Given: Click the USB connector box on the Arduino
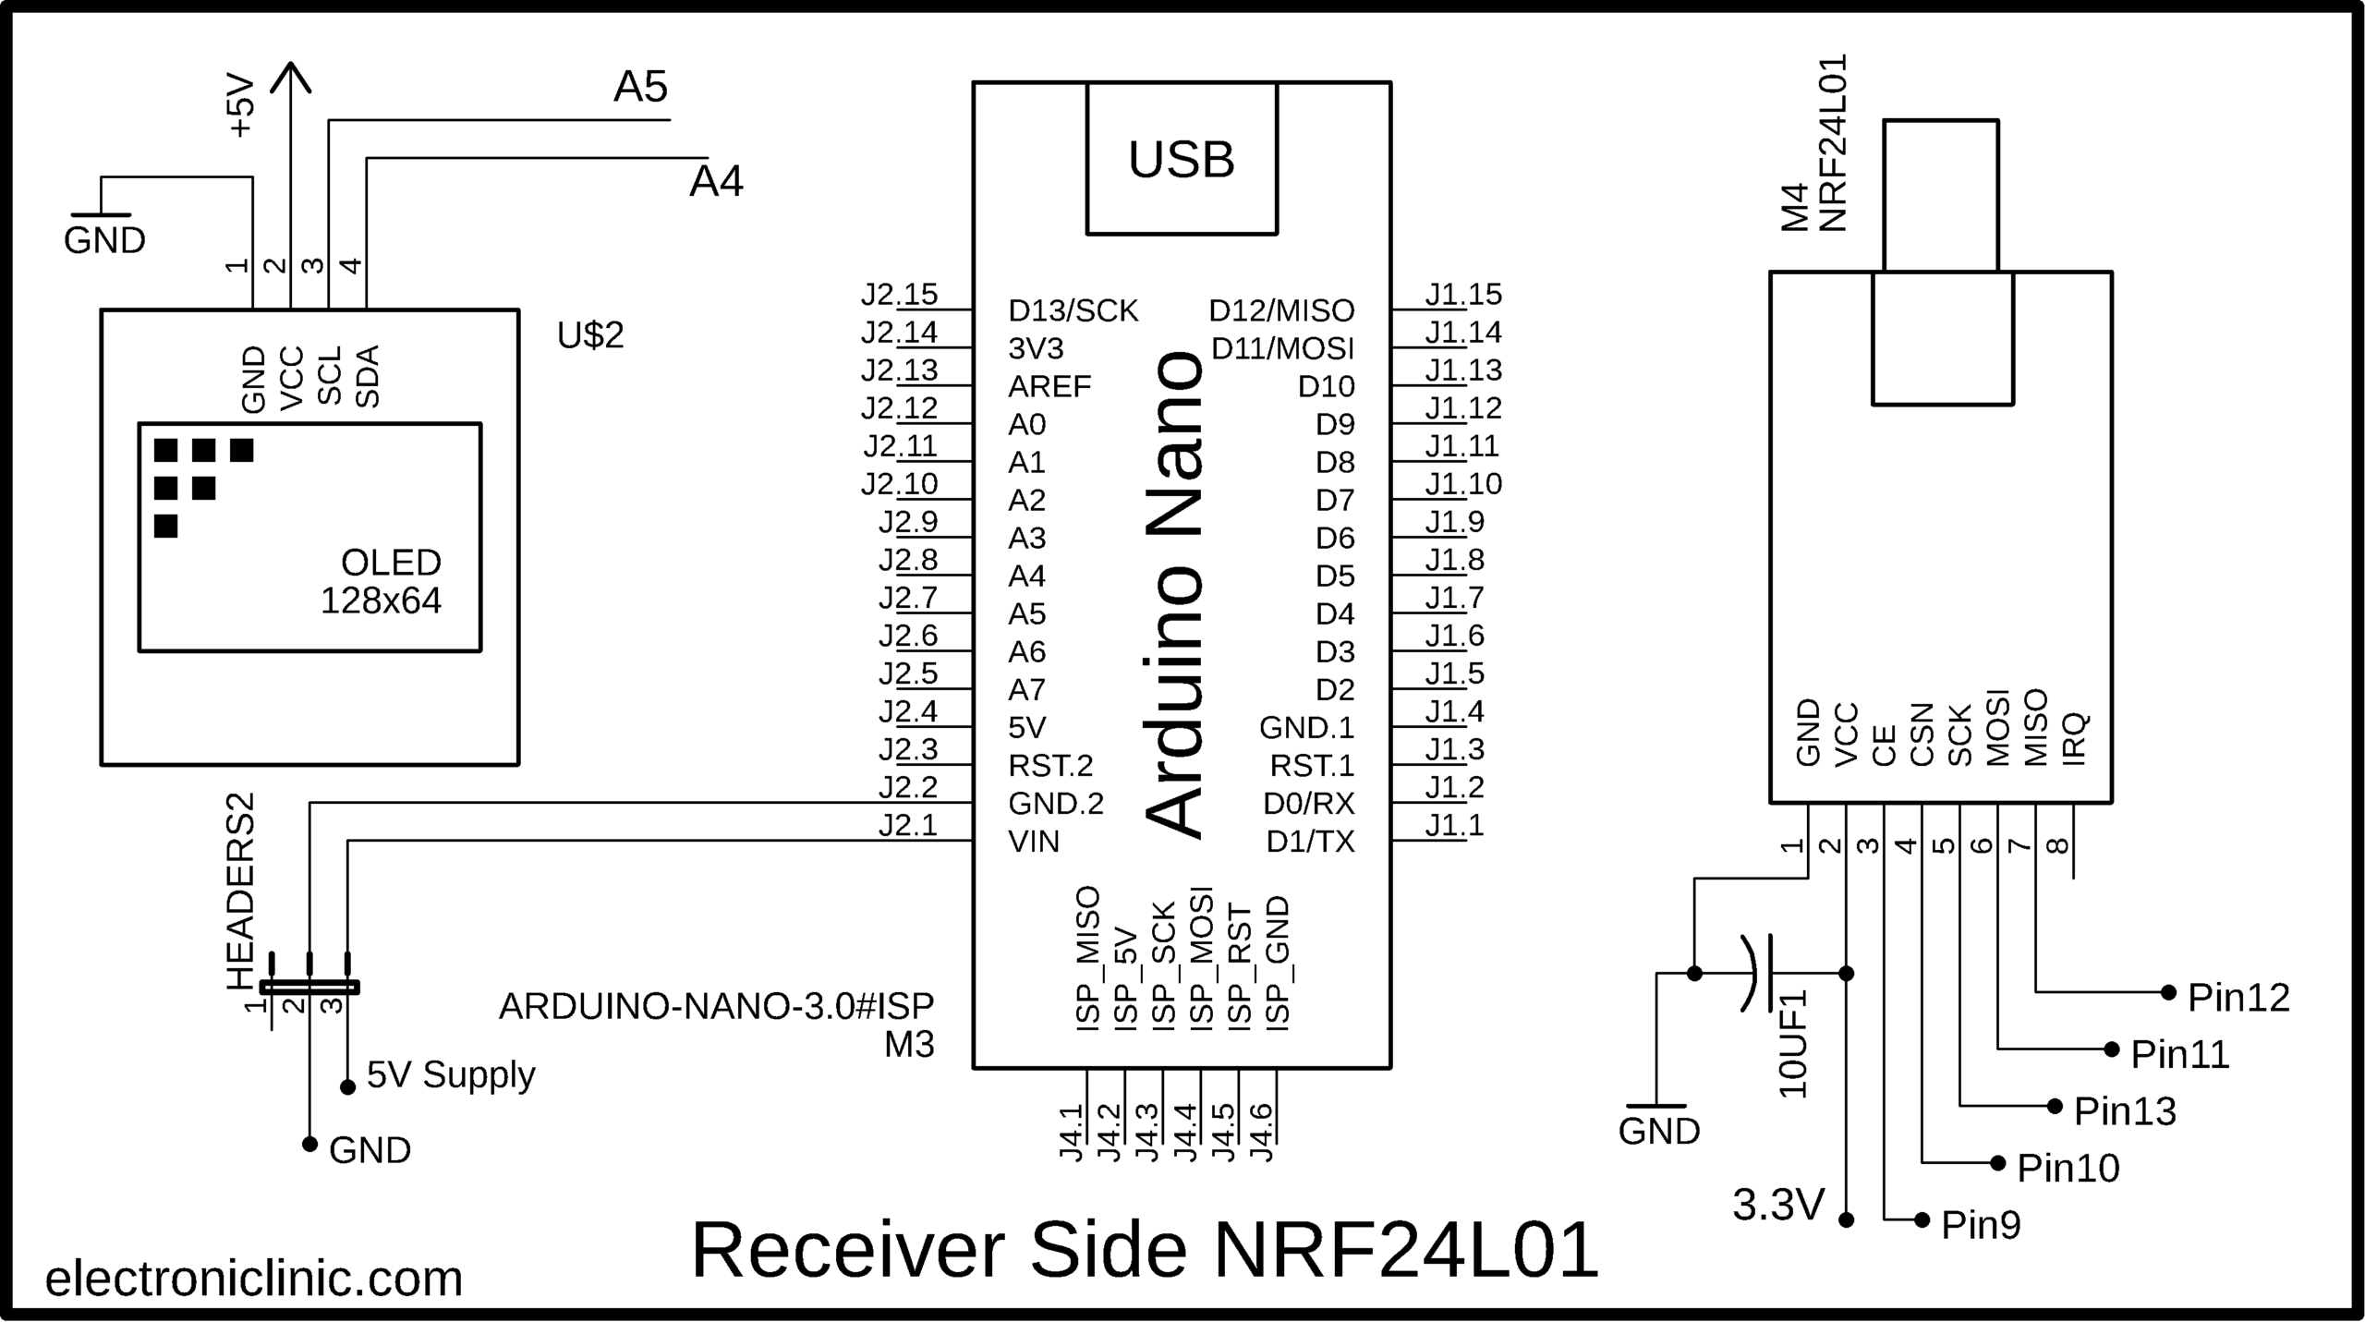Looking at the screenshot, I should (x=1181, y=159).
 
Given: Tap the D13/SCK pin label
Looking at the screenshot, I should (x=1073, y=310).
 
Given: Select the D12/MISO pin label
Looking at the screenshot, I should (x=1281, y=310).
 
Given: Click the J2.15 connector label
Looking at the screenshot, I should (x=899, y=294).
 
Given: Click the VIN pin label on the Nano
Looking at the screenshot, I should (x=1034, y=841).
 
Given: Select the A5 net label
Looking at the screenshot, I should (x=640, y=87).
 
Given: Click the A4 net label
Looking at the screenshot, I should (x=716, y=182).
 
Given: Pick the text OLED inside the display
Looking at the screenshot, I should (x=391, y=562).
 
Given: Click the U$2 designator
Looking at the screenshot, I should (x=590, y=334).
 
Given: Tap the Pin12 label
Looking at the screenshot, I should (x=2238, y=998).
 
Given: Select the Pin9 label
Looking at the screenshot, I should (x=1981, y=1225).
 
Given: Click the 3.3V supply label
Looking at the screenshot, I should (x=1778, y=1205).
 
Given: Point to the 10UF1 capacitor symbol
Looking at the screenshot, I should (x=1760, y=973).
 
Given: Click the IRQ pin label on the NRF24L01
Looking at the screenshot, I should (x=2074, y=738).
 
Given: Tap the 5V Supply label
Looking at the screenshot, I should (x=451, y=1074).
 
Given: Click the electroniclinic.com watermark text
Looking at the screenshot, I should (x=254, y=1279).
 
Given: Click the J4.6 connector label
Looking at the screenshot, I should (x=1261, y=1133).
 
